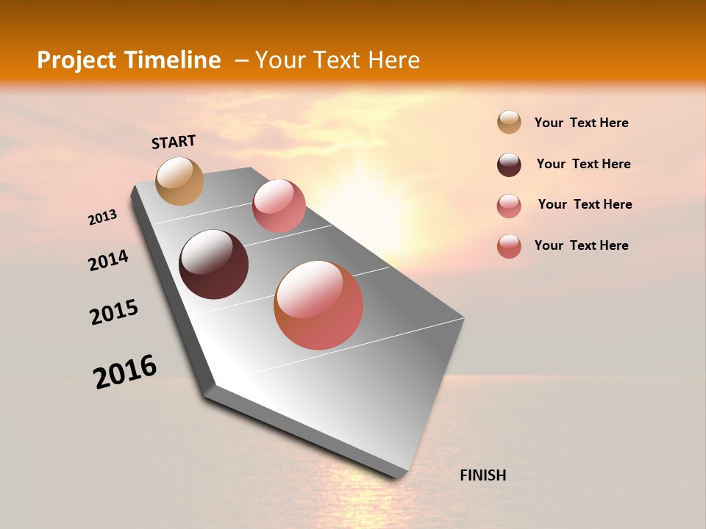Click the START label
click(x=174, y=142)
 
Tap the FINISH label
click(x=482, y=475)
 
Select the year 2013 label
click(x=102, y=217)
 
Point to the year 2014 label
click(x=108, y=261)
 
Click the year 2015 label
click(x=114, y=312)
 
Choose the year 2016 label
click(x=125, y=371)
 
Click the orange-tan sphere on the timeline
click(x=179, y=181)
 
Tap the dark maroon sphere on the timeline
click(x=213, y=264)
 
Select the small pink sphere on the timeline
click(x=279, y=206)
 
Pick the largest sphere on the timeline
click(x=318, y=305)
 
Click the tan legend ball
click(x=509, y=123)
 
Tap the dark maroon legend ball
click(x=509, y=165)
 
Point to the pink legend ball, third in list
click(x=509, y=206)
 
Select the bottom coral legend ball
click(x=509, y=246)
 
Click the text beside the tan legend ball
click(x=581, y=123)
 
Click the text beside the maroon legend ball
click(x=583, y=164)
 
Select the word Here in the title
click(x=393, y=60)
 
